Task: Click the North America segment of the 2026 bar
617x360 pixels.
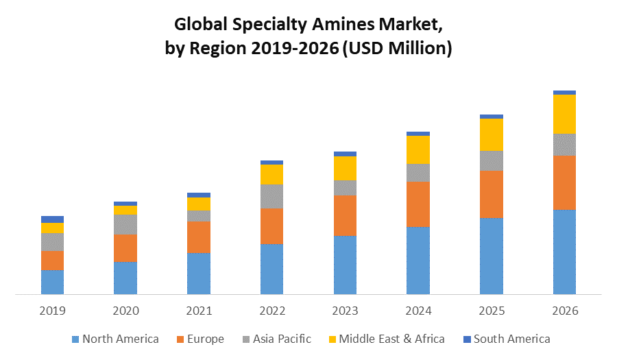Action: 564,252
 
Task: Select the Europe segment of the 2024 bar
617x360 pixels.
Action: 418,204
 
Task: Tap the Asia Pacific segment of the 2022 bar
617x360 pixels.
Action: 271,196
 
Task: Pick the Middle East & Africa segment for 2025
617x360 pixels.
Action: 492,134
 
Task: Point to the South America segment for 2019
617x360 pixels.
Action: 52,219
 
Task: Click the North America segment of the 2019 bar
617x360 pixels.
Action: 52,282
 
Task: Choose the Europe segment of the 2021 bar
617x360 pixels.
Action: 199,237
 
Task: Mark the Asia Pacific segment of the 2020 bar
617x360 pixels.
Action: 125,224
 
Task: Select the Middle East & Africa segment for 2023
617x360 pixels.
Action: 345,168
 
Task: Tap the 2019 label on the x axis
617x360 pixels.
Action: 52,311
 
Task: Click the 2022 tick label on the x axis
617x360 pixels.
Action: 271,311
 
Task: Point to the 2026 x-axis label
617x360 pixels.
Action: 564,311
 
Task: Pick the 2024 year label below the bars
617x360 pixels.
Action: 418,311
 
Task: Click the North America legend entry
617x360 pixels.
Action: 114,339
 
